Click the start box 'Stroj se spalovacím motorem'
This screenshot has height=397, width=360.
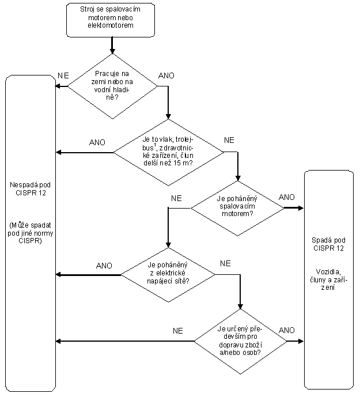coord(111,20)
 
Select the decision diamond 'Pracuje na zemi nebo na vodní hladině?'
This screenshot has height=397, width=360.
coord(112,86)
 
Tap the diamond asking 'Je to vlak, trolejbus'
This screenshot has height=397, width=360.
coord(168,153)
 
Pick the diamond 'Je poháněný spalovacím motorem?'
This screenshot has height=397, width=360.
coord(237,209)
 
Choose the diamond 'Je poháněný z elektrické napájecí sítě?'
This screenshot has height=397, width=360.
coord(168,275)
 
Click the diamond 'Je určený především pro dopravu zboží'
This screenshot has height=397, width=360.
coord(240,342)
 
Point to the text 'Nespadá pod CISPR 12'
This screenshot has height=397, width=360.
coord(31,189)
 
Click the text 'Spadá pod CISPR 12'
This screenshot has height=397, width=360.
coord(328,244)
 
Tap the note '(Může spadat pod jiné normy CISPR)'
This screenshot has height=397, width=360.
coord(31,233)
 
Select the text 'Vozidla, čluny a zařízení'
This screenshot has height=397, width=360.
coord(328,279)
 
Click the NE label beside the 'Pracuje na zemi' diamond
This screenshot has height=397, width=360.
coord(63,75)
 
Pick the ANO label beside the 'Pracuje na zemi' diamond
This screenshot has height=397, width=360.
coord(166,75)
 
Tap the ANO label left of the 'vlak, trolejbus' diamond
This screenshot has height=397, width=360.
coord(97,142)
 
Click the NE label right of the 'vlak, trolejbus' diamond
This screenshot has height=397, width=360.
coord(229,140)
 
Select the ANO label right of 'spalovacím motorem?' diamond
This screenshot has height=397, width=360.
coord(287,197)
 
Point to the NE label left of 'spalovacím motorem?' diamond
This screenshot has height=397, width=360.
coord(176,198)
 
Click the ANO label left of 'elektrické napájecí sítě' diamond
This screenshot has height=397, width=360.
coord(104,266)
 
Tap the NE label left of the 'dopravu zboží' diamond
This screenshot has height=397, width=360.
coord(178,331)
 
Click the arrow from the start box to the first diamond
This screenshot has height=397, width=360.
coord(112,46)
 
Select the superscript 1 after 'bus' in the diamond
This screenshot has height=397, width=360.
coord(155,145)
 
